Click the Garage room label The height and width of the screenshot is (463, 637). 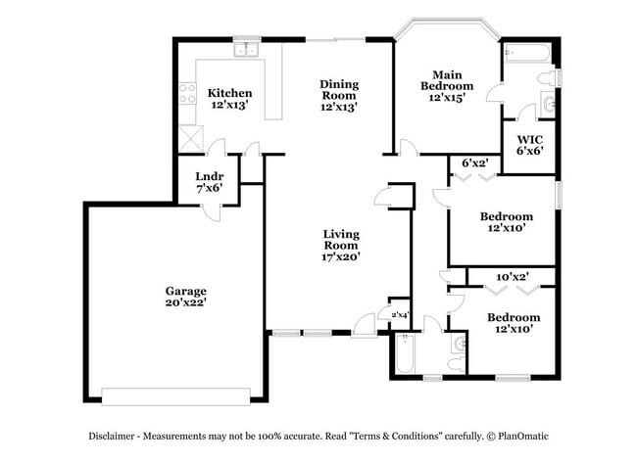tap(186, 291)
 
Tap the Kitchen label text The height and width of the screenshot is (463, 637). tap(230, 93)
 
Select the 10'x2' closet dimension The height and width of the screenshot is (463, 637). tap(513, 277)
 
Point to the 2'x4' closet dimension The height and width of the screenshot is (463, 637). tap(399, 314)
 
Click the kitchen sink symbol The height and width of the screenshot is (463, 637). tap(245, 49)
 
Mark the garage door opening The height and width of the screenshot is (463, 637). tap(176, 395)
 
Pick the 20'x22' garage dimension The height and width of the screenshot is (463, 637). tap(186, 303)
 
